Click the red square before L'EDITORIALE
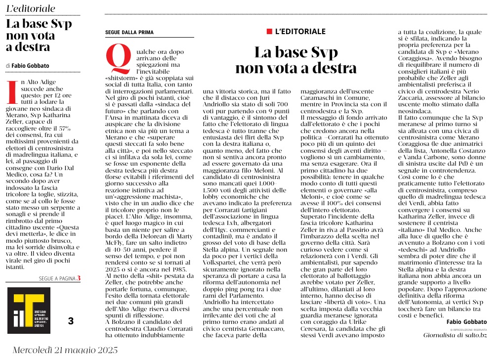pyautogui.click(x=269, y=32)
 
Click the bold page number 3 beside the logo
pyautogui.click(x=71, y=321)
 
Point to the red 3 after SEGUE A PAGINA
pyautogui.click(x=78, y=278)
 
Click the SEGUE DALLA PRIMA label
pyautogui.click(x=129, y=33)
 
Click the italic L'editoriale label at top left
pyautogui.click(x=31, y=9)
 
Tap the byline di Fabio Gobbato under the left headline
pyautogui.click(x=28, y=65)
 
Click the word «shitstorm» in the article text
pyautogui.click(x=124, y=78)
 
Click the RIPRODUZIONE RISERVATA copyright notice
pyautogui.click(x=468, y=329)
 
